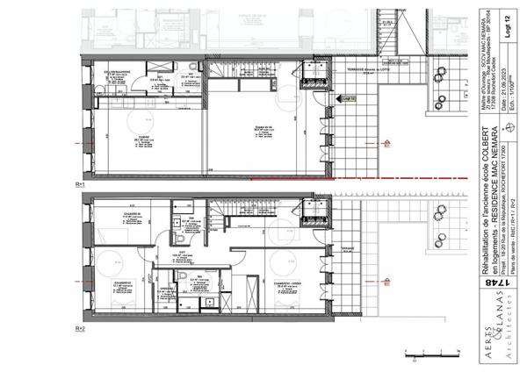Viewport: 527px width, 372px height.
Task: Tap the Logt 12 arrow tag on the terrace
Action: pos(348,99)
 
